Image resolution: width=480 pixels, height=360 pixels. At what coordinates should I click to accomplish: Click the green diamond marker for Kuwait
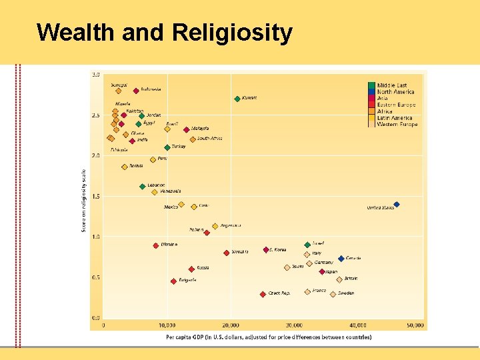tap(237, 99)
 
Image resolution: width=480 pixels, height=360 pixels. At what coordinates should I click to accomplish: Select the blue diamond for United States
tap(397, 205)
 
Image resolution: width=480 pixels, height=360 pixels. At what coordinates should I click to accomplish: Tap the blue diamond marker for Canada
tap(341, 259)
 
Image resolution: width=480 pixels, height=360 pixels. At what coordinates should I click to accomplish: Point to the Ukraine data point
tap(155, 245)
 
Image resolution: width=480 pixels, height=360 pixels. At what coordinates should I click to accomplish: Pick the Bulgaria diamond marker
tap(173, 281)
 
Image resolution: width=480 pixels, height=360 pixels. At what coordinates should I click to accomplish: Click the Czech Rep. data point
tap(263, 294)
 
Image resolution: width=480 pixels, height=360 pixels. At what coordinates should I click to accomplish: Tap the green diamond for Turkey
tap(167, 147)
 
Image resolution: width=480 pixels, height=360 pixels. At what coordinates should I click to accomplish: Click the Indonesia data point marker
tap(136, 91)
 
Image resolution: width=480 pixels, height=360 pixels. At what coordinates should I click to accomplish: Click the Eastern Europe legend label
tap(396, 105)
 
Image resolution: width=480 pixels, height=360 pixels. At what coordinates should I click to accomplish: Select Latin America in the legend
tap(395, 118)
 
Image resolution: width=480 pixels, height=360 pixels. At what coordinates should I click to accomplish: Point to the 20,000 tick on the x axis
tap(230, 325)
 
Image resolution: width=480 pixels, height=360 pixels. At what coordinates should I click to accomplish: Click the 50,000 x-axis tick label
tap(415, 325)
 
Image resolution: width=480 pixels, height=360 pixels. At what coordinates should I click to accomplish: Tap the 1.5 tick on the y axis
tap(96, 197)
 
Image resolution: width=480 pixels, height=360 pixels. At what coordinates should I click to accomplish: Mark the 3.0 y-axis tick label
tap(96, 74)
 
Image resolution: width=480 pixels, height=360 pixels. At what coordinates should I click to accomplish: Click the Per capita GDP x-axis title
tap(269, 337)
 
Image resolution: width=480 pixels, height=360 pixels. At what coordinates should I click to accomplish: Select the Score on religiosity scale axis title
tap(83, 200)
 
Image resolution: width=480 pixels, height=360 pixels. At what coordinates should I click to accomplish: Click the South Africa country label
tap(209, 139)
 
